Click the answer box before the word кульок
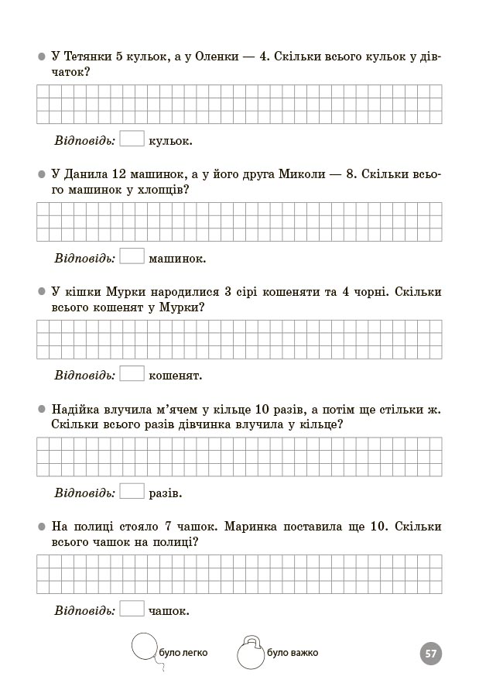coord(132,139)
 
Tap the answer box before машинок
coord(132,256)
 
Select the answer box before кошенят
coord(132,374)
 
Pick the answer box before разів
coord(132,492)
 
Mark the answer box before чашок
coord(132,609)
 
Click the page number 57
coord(431,654)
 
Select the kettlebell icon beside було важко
coord(250,653)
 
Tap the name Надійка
coord(76,410)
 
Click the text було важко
coord(293,653)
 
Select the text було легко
coord(183,653)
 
